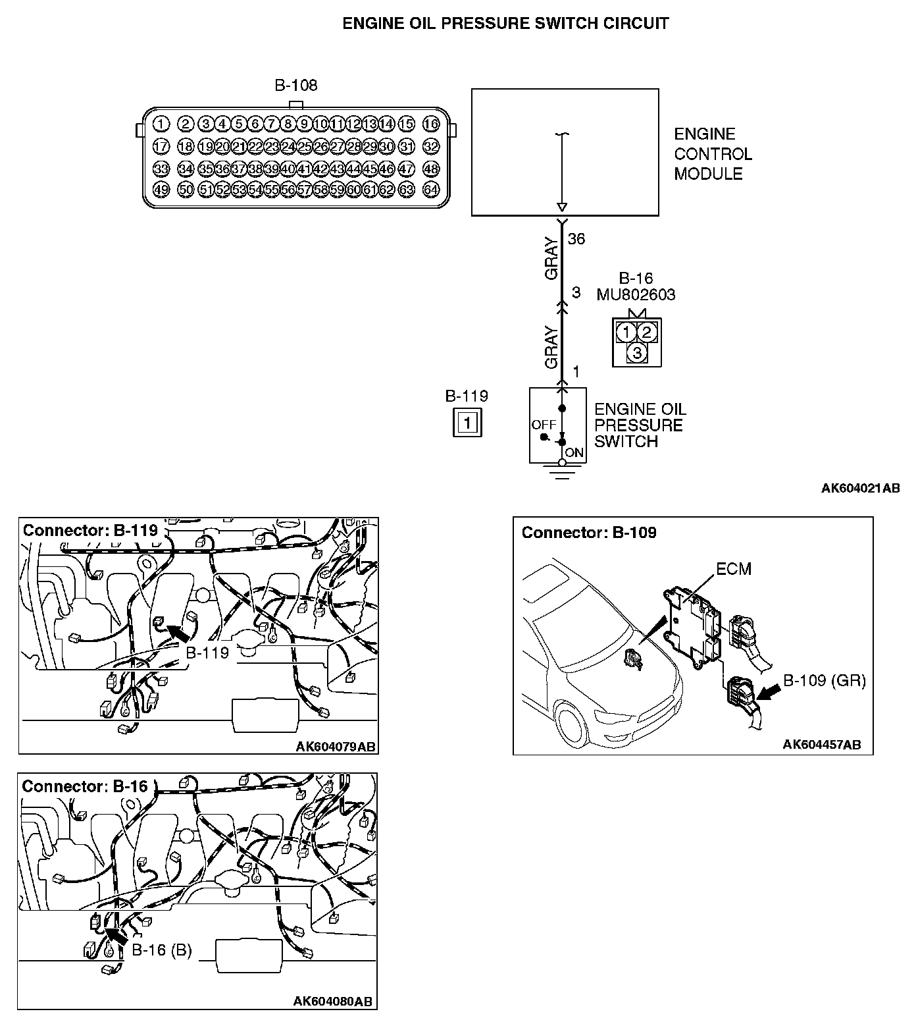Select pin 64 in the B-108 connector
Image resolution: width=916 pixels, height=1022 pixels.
point(431,190)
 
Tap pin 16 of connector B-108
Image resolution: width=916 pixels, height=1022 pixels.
point(431,124)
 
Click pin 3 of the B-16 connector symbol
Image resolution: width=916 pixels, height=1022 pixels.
point(636,353)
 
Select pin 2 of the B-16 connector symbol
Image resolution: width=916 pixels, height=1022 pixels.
point(647,331)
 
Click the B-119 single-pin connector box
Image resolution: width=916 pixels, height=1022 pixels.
point(467,422)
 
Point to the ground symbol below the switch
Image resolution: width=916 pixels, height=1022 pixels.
point(561,471)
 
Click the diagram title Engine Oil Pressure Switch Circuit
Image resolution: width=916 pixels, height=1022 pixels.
point(505,24)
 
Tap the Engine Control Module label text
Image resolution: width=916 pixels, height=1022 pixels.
point(712,154)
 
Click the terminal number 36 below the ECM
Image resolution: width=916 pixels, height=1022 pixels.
point(576,239)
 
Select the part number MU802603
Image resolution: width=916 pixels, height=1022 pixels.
point(636,294)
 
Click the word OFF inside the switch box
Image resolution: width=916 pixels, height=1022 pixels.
point(544,425)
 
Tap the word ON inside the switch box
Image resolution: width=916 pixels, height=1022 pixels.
point(574,453)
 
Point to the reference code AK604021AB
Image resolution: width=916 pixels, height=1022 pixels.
point(860,488)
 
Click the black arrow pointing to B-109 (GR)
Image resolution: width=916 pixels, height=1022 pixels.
point(768,691)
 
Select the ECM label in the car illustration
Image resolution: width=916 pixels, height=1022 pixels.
point(733,568)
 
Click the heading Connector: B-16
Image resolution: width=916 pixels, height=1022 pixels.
point(85,786)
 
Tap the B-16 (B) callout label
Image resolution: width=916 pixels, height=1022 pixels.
point(162,950)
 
